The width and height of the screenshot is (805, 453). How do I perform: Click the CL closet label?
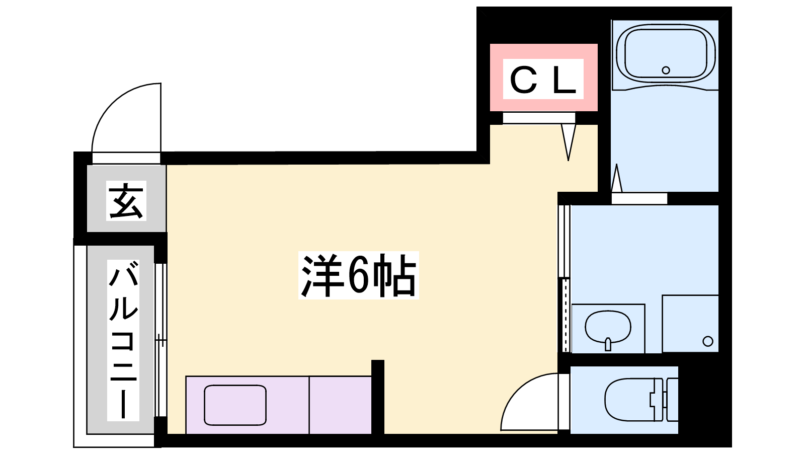543,80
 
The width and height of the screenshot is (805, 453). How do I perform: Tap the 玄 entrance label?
126,200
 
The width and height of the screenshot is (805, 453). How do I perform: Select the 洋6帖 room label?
358,276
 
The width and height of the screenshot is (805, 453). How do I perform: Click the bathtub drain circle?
666,70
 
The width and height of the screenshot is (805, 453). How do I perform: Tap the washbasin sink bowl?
608,326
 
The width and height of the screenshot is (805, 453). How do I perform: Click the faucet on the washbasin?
608,344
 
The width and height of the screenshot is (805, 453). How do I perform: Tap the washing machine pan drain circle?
708,341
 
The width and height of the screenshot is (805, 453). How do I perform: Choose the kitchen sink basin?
235,405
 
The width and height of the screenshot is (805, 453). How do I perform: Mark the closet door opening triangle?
569,141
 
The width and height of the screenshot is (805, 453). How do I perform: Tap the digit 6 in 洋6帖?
359,276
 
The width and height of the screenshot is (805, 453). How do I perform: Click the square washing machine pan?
690,323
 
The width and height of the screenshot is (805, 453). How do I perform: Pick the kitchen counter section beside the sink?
340,405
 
